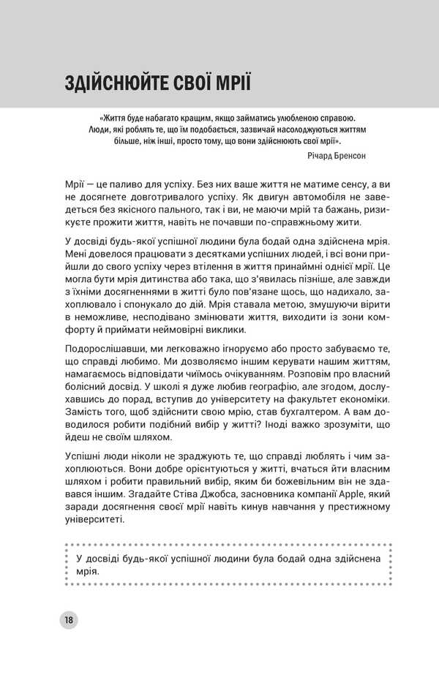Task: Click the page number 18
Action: pyautogui.click(x=67, y=620)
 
